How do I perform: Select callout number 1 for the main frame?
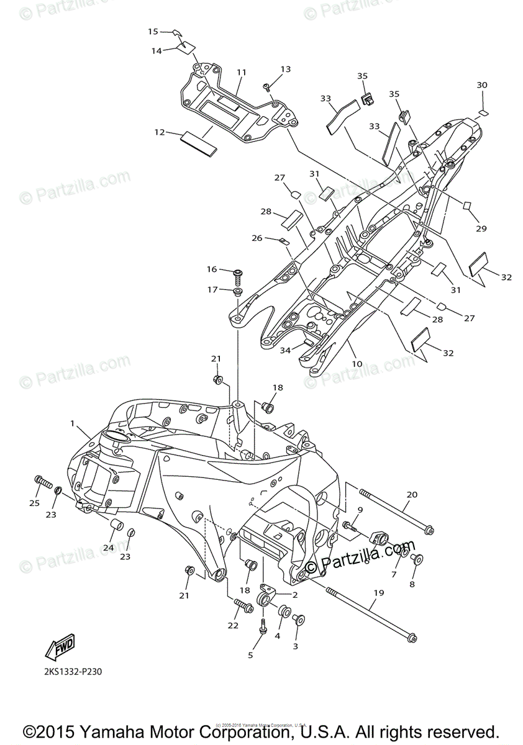coord(73,423)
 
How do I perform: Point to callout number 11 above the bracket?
coord(241,73)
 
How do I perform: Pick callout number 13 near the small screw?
coord(285,70)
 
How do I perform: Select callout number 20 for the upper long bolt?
coord(412,495)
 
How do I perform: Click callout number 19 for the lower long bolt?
coord(379,593)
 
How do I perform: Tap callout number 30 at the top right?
coord(482,85)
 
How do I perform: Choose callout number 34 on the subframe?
coord(285,351)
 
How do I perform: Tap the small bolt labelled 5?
coord(264,630)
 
